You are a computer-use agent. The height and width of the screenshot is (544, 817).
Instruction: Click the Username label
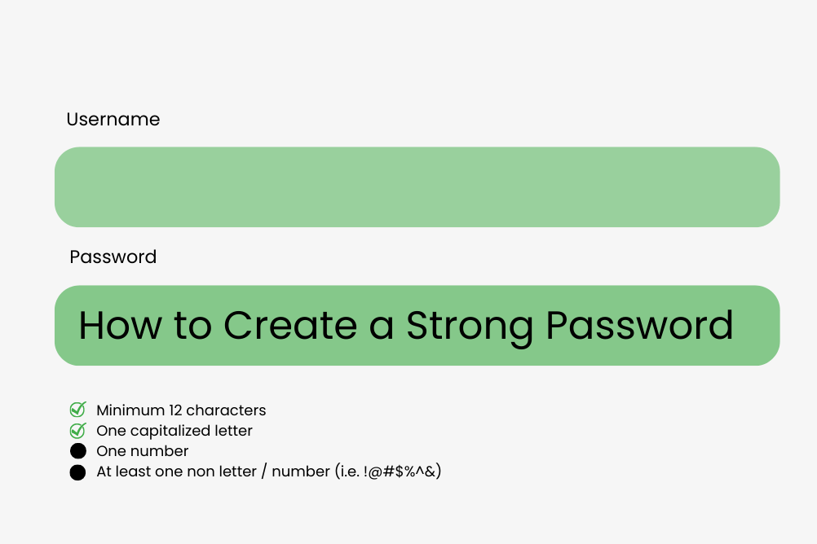coord(113,119)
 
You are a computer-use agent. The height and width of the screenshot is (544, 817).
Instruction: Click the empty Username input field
coord(417,186)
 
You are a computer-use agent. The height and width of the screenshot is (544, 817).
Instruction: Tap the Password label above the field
coord(113,257)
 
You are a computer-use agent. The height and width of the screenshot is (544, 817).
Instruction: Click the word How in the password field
coord(121,326)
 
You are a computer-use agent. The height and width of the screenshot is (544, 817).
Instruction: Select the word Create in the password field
coord(290,326)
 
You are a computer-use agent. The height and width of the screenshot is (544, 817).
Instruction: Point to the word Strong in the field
coord(470,328)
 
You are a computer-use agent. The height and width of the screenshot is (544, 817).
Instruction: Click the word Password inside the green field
coord(640,326)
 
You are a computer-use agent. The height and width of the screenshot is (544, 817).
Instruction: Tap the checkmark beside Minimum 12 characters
coord(77,410)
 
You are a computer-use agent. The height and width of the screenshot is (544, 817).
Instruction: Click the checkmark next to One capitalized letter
coord(77,431)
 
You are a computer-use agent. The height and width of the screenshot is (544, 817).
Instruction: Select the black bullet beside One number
coord(77,451)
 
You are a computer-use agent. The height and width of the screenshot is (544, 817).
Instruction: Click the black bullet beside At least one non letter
coord(77,472)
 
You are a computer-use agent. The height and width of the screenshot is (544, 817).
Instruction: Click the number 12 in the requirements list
coord(175,410)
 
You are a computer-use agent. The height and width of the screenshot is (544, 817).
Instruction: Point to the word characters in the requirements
coord(226,410)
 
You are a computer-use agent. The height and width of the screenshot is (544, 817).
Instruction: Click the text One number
coord(142,451)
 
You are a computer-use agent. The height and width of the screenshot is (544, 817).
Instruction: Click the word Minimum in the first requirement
coord(130,410)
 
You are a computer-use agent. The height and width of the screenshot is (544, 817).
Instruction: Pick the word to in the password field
coord(192,327)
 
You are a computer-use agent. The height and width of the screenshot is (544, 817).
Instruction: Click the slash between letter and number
coord(264,472)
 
